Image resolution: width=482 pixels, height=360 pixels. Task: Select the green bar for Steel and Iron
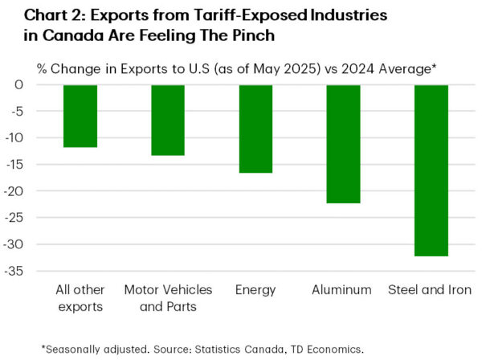(x=431, y=170)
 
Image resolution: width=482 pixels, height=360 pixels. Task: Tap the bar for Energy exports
(x=255, y=129)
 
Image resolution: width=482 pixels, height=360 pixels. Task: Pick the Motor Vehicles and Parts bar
(x=168, y=120)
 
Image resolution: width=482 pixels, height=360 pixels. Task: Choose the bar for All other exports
(x=80, y=116)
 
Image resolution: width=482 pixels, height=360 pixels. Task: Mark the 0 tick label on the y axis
(x=41, y=84)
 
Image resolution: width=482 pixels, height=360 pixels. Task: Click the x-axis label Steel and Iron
(x=431, y=289)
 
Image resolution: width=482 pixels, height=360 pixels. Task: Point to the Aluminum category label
(x=343, y=289)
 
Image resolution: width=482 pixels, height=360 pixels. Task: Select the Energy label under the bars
(x=255, y=289)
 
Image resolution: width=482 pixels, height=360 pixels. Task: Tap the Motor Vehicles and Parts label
(x=168, y=297)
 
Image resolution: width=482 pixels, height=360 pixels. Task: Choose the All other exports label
(x=80, y=297)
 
